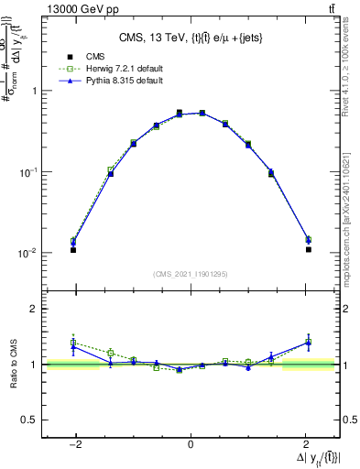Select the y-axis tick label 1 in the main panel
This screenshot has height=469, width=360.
pyautogui.click(x=34, y=91)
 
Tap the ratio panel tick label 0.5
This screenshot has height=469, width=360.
pyautogui.click(x=30, y=420)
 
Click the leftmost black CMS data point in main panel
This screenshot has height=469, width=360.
pyautogui.click(x=73, y=250)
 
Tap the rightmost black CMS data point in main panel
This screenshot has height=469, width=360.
pyautogui.click(x=309, y=249)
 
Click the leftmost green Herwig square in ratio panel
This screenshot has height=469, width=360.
pyautogui.click(x=73, y=343)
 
